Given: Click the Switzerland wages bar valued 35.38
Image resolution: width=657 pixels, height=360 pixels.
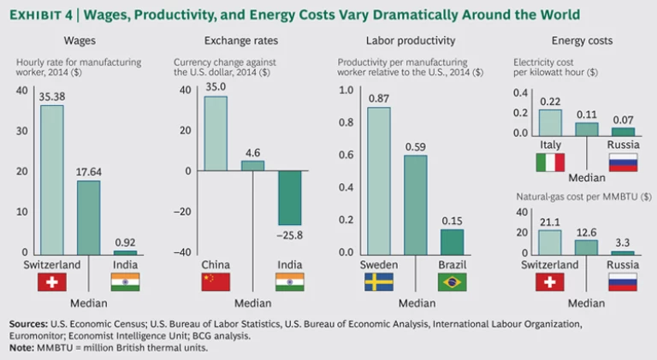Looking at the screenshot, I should [x=52, y=179].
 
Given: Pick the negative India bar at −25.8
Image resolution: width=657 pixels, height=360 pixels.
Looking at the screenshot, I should [x=287, y=198].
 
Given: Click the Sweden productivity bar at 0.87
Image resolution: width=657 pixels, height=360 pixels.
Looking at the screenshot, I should [x=379, y=180].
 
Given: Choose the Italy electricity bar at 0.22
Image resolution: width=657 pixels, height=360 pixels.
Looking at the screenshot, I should [x=550, y=122].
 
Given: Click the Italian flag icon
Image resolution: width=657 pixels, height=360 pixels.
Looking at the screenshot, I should [x=550, y=162].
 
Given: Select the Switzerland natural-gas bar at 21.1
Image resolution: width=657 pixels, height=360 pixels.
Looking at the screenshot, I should [x=550, y=241].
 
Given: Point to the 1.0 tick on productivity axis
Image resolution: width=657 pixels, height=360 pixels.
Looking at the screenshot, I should [x=347, y=90].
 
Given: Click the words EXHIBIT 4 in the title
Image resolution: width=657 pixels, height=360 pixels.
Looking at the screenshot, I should [x=41, y=15].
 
